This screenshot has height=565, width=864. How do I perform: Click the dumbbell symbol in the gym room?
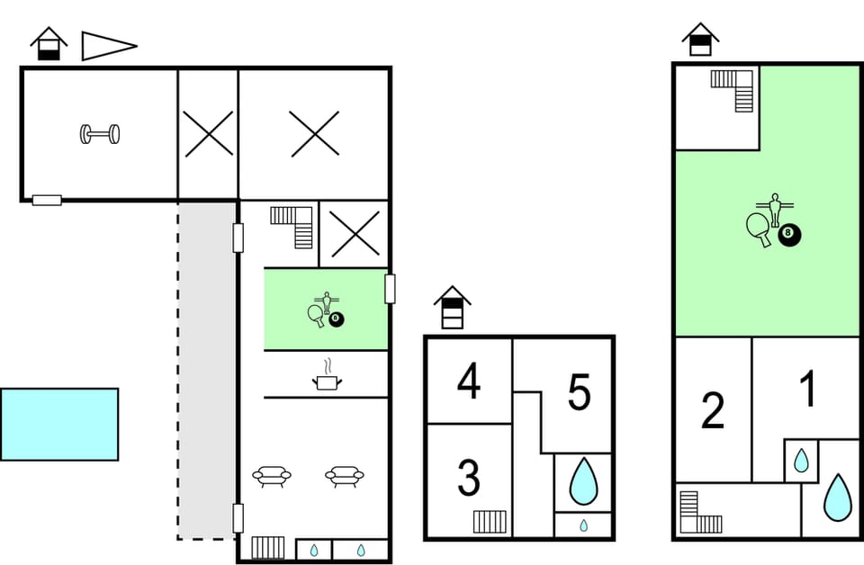100,135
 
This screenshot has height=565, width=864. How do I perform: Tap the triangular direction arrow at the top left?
106,45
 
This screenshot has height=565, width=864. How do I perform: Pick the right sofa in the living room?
343,476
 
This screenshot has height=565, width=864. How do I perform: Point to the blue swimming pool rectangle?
59,424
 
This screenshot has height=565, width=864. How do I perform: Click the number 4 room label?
468,381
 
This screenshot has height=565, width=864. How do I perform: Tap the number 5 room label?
579,392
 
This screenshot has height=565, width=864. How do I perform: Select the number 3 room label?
468,479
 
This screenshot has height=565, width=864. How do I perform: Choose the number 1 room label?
808,390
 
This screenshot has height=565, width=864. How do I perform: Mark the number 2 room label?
712,411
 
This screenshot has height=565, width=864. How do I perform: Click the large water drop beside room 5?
583,482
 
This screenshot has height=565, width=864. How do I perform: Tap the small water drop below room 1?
800,462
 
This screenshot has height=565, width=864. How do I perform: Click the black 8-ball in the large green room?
789,235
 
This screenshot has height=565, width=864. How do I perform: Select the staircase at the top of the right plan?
733,90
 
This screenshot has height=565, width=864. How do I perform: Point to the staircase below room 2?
699,513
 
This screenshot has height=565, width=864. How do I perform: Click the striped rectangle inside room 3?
490,521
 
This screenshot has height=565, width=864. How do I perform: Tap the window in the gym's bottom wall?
47,200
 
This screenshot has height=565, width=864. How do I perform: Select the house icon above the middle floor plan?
453,308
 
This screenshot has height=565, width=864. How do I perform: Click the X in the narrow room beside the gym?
208,134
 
